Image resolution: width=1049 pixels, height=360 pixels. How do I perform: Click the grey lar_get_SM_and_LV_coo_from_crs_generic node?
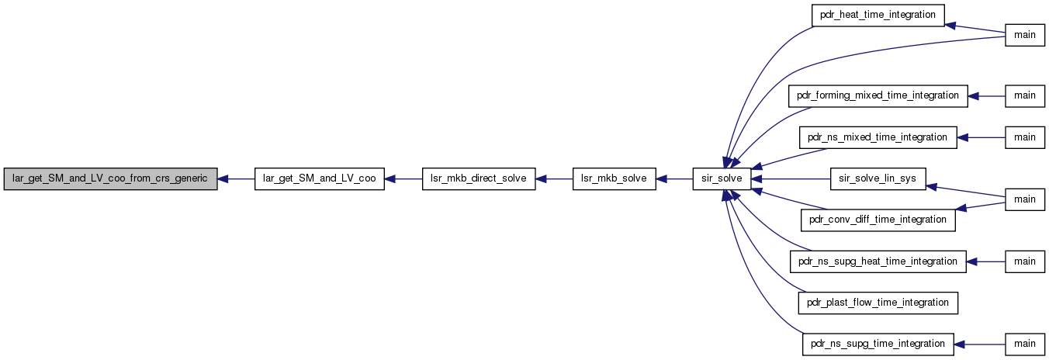tap(110, 178)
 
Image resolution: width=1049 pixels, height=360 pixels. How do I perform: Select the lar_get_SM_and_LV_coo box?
tap(320, 178)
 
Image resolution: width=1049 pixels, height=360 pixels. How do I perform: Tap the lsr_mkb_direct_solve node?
tap(479, 178)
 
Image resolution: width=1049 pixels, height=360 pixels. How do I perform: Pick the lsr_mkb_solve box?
tap(614, 178)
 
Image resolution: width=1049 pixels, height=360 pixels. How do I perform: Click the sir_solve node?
tap(722, 178)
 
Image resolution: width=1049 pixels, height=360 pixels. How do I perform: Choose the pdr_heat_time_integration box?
tap(878, 16)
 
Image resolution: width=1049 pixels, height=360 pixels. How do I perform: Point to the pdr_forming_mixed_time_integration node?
tap(878, 96)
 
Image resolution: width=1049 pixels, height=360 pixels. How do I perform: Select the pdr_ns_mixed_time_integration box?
tap(878, 137)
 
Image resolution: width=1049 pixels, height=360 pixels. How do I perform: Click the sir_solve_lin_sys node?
tap(878, 178)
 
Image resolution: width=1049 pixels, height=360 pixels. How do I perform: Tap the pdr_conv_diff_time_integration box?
tap(878, 220)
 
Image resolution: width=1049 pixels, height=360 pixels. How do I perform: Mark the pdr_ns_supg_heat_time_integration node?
tap(878, 261)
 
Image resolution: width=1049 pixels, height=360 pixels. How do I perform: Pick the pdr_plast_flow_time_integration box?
tap(878, 303)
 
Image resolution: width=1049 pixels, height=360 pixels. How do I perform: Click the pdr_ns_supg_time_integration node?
tap(878, 344)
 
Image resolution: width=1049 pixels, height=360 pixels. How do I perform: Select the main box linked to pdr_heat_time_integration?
tap(1025, 35)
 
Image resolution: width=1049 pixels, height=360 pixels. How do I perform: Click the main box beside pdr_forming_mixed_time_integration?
tap(1025, 96)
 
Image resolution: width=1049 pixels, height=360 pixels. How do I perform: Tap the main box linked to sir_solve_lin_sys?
tap(1025, 200)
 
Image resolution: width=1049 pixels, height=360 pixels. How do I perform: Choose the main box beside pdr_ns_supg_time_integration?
tap(1025, 344)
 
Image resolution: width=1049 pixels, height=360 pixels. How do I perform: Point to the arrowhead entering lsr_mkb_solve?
tap(661, 178)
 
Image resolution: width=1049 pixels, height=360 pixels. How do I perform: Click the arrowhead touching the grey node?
tap(223, 178)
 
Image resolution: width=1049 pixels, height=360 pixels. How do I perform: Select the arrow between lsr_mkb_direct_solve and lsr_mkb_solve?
tap(554, 178)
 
